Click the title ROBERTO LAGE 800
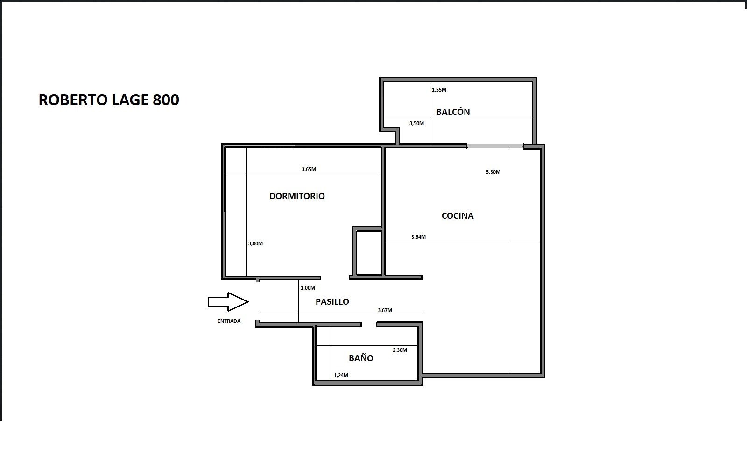[x=109, y=100]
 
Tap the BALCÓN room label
[x=453, y=112]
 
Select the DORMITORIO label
[x=297, y=196]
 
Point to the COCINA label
[x=458, y=215]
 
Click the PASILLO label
[x=332, y=302]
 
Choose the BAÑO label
[x=361, y=358]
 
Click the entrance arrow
[x=228, y=302]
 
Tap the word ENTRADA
[x=229, y=321]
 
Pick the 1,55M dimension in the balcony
[x=439, y=90]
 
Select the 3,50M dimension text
[x=416, y=123]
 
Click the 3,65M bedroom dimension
[x=309, y=169]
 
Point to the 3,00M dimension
[x=255, y=244]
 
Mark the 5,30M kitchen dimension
[x=493, y=172]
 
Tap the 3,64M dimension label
[x=418, y=237]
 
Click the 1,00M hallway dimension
[x=308, y=288]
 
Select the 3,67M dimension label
[x=385, y=310]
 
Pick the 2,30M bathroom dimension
[x=400, y=350]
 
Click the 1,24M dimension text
[x=341, y=375]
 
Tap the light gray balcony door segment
[x=495, y=146]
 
